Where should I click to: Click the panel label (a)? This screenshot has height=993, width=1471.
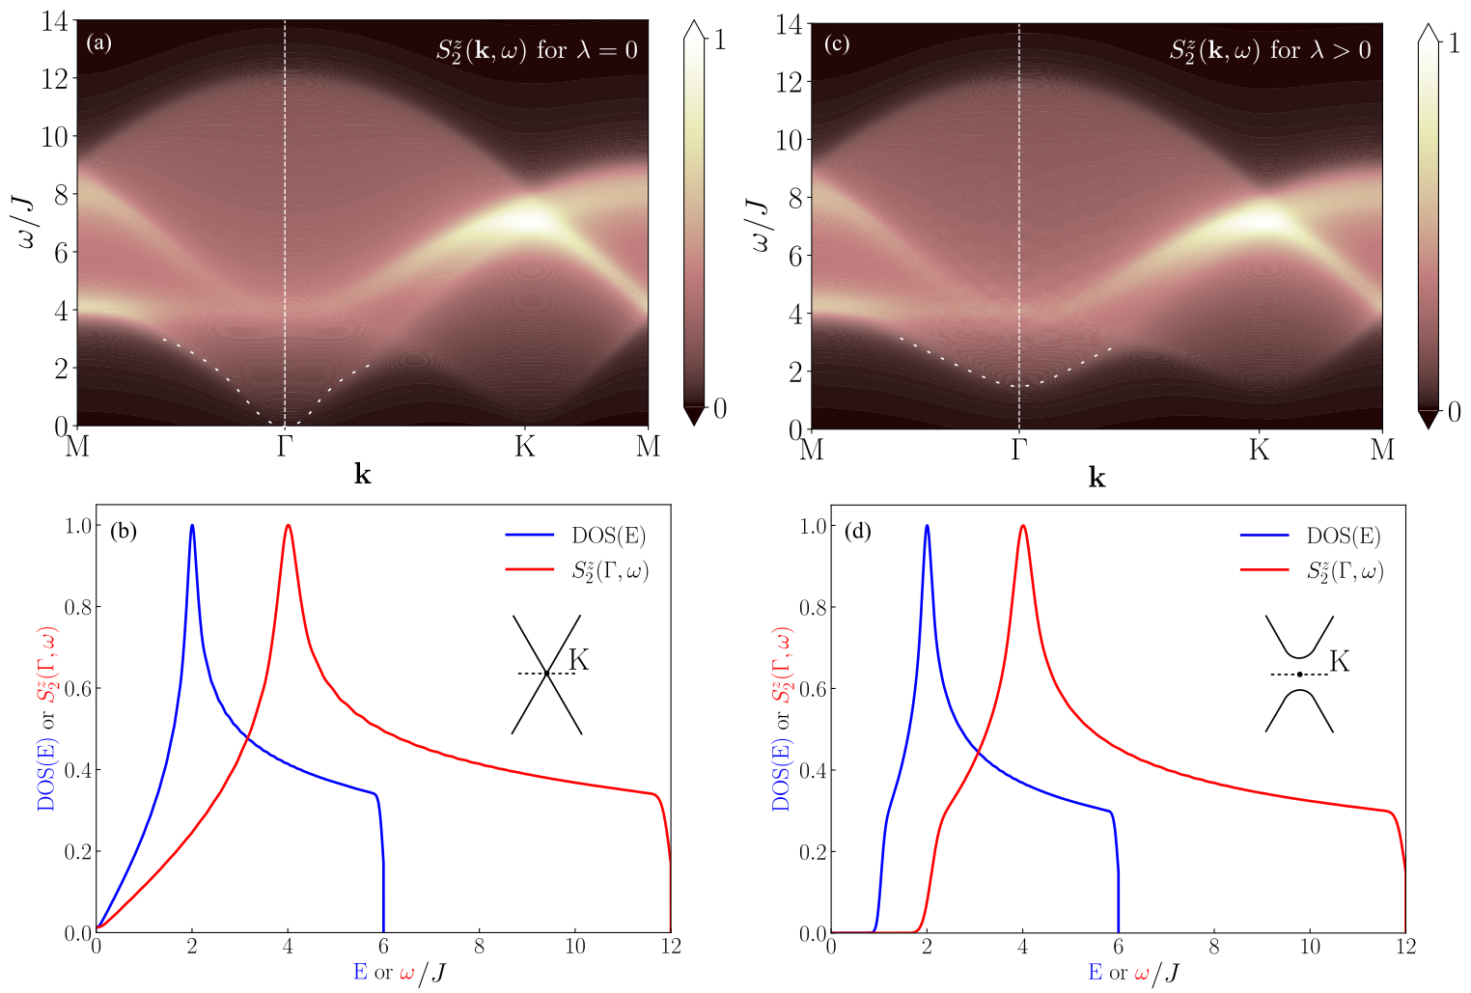tap(98, 42)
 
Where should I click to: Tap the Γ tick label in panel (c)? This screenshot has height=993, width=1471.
tap(1018, 450)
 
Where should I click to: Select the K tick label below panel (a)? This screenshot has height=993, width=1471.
tap(524, 446)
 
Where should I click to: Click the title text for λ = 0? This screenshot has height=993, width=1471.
tap(537, 49)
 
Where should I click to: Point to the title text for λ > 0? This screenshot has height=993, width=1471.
tap(1269, 49)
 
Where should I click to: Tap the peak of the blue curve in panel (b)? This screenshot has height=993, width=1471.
tap(192, 526)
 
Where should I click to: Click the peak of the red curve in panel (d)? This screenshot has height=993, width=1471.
tap(1022, 527)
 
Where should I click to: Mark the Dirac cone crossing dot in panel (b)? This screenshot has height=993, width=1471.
tap(546, 674)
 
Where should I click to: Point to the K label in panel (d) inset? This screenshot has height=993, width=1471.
tap(1340, 661)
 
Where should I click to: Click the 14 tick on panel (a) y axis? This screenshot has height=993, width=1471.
tap(55, 21)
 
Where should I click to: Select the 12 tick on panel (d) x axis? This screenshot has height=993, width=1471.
tap(1405, 947)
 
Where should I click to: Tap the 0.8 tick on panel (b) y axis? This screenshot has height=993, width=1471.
tap(77, 607)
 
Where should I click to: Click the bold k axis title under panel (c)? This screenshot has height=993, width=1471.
tap(1096, 478)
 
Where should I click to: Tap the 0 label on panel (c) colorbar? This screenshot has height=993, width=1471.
tap(1454, 412)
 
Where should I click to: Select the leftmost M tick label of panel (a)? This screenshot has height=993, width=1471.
tap(76, 446)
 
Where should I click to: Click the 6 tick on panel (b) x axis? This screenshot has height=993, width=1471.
tap(383, 947)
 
